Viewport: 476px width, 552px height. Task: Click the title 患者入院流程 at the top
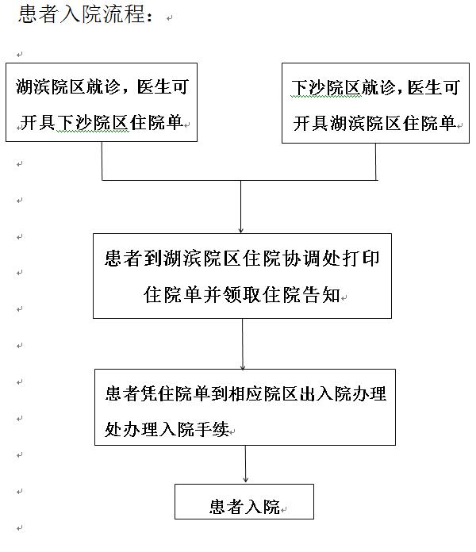click(x=80, y=17)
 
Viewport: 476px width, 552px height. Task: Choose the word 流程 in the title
click(x=126, y=17)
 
